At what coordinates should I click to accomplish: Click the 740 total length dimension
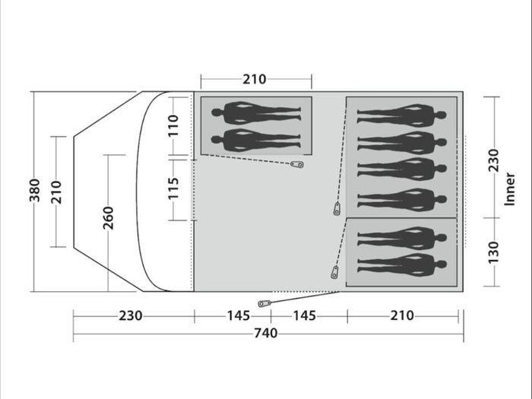[x=266, y=333]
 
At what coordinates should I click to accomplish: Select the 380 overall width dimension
[x=35, y=190]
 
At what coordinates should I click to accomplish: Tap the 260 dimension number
[x=108, y=218]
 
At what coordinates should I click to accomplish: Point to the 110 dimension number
[x=173, y=125]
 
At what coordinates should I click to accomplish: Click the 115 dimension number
[x=173, y=188]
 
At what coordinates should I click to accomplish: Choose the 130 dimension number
[x=493, y=252]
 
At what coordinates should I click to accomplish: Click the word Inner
[x=510, y=189]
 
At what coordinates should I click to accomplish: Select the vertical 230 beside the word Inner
[x=493, y=160]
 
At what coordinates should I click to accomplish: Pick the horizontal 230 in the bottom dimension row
[x=130, y=315]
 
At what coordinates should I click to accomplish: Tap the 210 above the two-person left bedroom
[x=255, y=79]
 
